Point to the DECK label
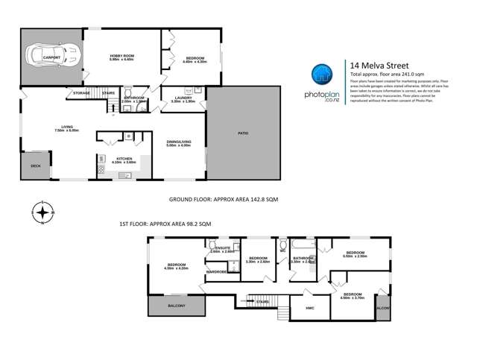coord(35,166)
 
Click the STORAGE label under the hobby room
coord(81,93)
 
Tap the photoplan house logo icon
coord(320,74)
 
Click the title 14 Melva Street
coord(375,66)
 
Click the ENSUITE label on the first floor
coord(222,249)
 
